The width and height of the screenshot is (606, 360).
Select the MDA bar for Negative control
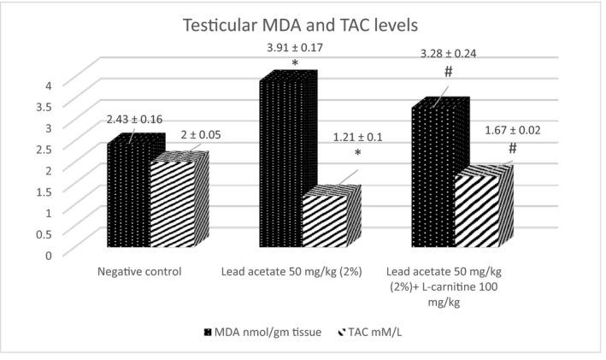coord(131,197)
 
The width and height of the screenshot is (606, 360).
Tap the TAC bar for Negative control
coord(174,205)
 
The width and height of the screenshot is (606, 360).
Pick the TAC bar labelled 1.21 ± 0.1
coord(326,222)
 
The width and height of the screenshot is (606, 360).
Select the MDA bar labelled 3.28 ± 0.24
coord(436,180)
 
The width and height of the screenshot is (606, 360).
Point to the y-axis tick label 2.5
coord(45,148)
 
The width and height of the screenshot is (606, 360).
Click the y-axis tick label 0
coord(50,254)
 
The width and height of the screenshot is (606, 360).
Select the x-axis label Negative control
coord(138,272)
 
